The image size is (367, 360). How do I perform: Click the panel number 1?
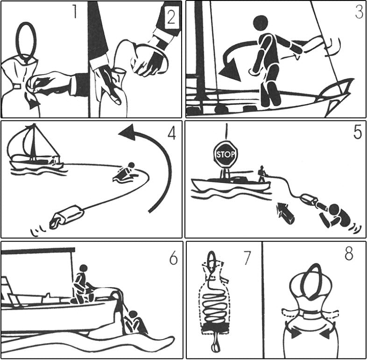click(75, 12)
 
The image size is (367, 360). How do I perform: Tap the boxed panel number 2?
click(171, 17)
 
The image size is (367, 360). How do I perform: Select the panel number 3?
click(359, 12)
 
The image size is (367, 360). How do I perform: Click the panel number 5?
click(358, 133)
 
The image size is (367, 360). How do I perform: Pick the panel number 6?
click(173, 259)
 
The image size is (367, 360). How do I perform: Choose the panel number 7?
click(247, 258)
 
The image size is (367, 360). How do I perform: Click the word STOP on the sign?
click(226, 155)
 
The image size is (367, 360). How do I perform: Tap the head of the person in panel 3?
click(261, 23)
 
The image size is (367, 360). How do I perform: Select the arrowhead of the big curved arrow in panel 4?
click(127, 132)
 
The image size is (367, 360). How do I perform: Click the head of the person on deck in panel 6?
click(84, 268)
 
